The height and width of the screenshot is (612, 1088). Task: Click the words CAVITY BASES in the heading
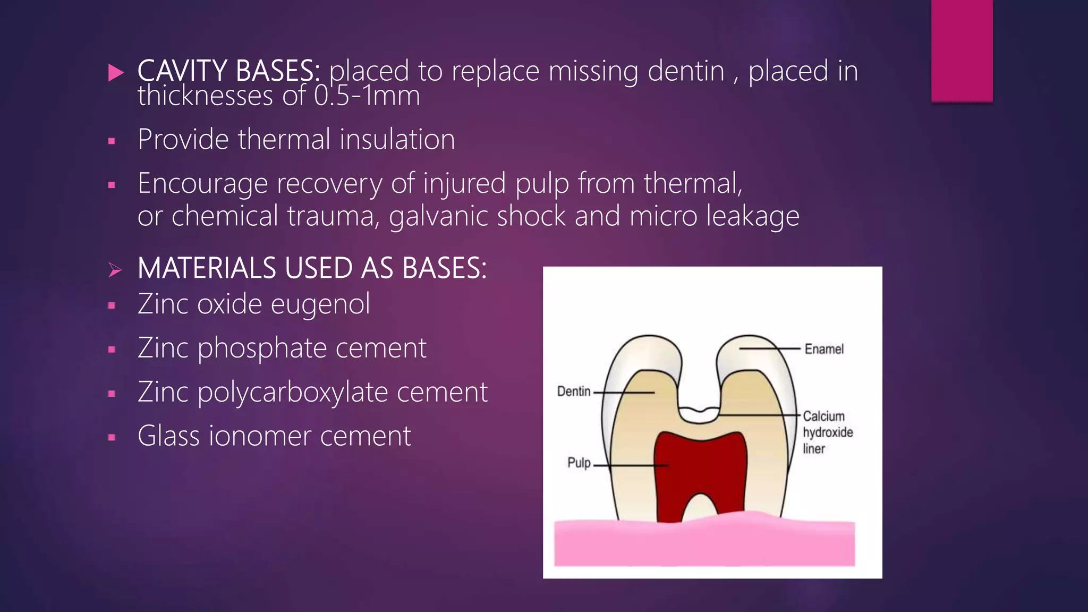pyautogui.click(x=228, y=71)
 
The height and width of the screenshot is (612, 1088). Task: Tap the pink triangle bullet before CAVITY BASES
pyautogui.click(x=115, y=72)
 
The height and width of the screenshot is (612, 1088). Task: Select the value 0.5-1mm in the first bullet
pyautogui.click(x=367, y=96)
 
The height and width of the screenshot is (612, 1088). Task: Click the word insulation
pyautogui.click(x=397, y=139)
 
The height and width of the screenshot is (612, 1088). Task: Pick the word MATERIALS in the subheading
pyautogui.click(x=207, y=268)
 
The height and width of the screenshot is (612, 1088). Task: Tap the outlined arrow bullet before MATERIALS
pyautogui.click(x=115, y=270)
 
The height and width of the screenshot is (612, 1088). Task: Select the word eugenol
pyautogui.click(x=320, y=304)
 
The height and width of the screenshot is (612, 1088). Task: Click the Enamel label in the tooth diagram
pyautogui.click(x=823, y=349)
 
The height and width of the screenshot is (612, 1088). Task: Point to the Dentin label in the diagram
pyautogui.click(x=574, y=392)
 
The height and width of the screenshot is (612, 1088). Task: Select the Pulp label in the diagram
pyautogui.click(x=579, y=463)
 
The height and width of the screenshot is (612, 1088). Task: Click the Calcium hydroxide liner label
pyautogui.click(x=827, y=432)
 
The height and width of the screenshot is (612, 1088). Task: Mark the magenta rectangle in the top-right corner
pyautogui.click(x=962, y=50)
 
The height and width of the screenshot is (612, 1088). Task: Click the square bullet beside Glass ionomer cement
pyautogui.click(x=112, y=438)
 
